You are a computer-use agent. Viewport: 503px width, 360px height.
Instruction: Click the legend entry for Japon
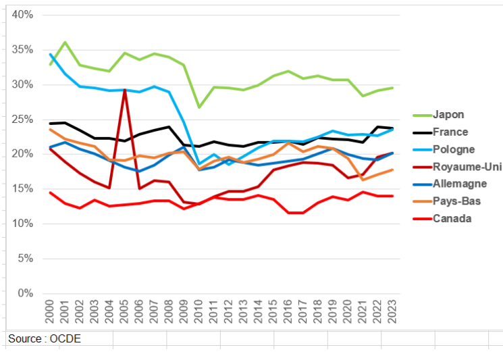[450, 114]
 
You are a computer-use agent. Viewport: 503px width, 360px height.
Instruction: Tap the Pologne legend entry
[454, 149]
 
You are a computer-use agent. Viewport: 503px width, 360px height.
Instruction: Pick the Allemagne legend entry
[460, 184]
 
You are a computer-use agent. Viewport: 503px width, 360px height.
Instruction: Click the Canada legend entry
[452, 218]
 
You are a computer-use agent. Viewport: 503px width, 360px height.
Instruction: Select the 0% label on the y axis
[25, 293]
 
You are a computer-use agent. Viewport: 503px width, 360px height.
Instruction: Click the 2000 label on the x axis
[50, 315]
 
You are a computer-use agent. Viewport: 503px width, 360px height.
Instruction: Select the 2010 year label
[199, 315]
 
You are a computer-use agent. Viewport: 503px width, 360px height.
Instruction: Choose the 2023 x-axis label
[393, 315]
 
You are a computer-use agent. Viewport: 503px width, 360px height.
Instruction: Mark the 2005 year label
[125, 315]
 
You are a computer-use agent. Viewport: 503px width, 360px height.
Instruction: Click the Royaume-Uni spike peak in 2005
[125, 90]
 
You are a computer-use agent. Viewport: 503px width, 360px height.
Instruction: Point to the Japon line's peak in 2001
[65, 43]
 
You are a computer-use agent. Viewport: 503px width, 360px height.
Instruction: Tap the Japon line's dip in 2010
[199, 107]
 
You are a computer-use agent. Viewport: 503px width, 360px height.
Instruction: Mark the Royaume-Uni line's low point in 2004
[109, 188]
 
